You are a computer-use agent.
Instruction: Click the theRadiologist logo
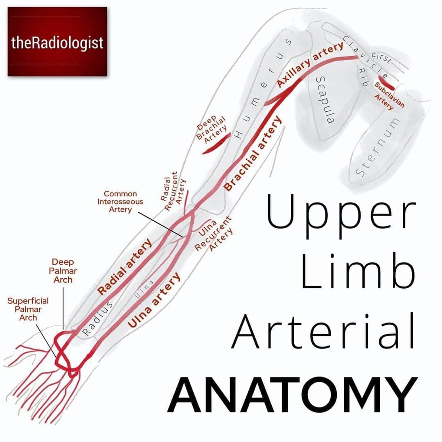(57, 42)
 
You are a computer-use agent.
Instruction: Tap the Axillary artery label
(310, 65)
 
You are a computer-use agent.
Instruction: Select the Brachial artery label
(253, 153)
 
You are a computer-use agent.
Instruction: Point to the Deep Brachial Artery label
(212, 129)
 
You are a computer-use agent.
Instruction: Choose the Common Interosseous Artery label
(120, 201)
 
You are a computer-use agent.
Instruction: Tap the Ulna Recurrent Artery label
(214, 235)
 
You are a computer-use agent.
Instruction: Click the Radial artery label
(124, 267)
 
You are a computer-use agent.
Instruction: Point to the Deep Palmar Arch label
(63, 271)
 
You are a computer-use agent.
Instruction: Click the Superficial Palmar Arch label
(28, 309)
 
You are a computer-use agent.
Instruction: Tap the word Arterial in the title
(324, 331)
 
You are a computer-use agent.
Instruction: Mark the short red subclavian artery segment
(387, 82)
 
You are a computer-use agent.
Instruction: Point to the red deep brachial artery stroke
(216, 144)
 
